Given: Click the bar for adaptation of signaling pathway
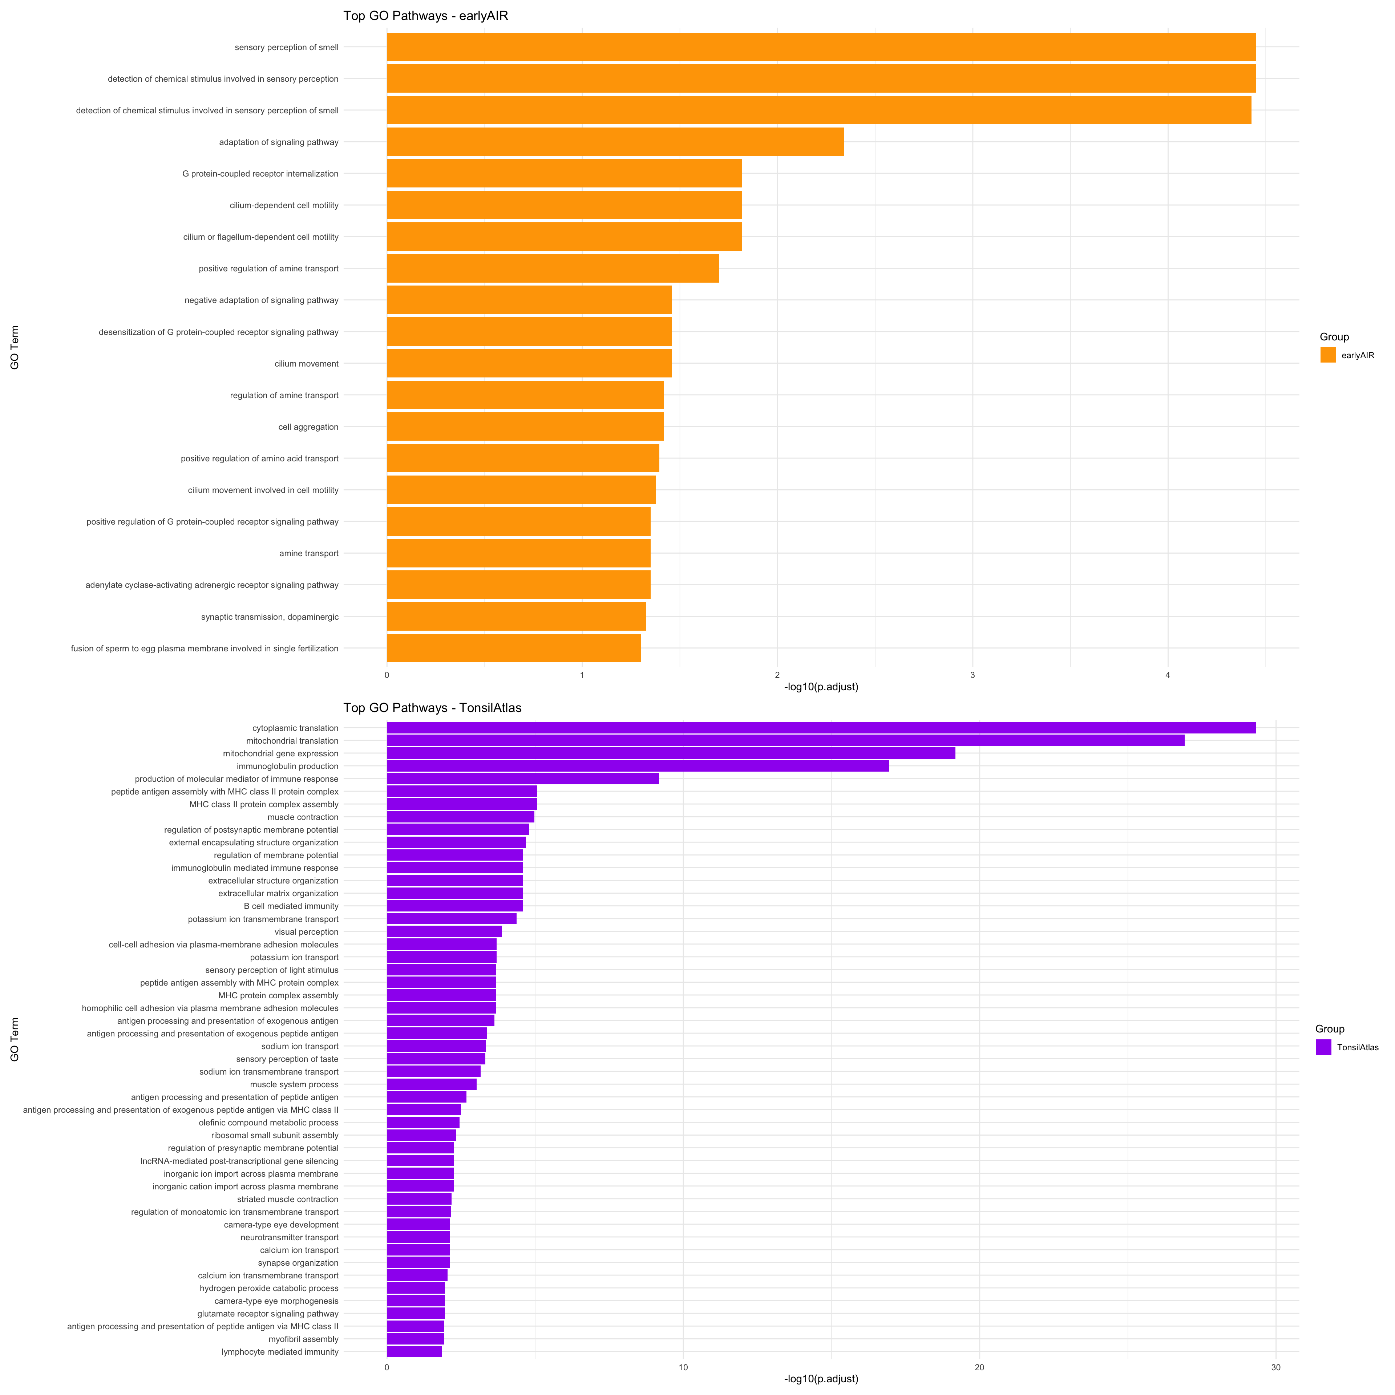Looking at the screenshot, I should coord(615,142).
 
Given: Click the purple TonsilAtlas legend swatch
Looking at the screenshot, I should coord(1323,1047).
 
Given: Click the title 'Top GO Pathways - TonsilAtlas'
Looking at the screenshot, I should coord(432,708).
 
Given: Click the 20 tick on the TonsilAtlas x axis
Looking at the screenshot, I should coord(979,1367).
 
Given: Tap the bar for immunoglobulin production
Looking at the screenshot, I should coord(638,766).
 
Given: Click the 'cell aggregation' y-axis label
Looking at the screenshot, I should coord(308,427).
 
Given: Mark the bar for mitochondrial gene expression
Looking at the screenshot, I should coord(671,753).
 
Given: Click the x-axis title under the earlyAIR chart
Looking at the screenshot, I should coord(821,687).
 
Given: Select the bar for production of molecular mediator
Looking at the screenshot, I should coord(523,779).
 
